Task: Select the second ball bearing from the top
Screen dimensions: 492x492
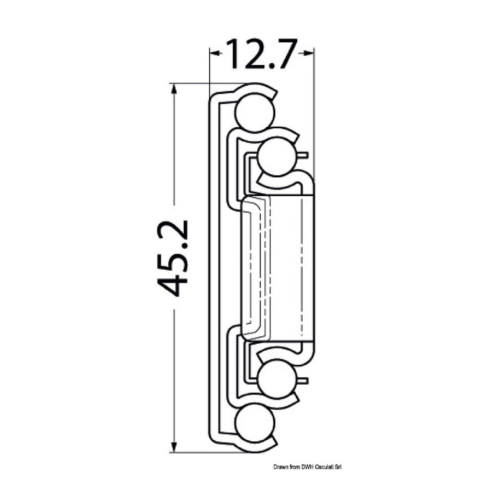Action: tap(276, 156)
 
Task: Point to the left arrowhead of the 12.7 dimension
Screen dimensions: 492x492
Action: tap(215, 52)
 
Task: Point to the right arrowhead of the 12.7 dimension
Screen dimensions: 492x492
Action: tap(309, 52)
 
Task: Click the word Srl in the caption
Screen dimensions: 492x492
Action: tap(340, 467)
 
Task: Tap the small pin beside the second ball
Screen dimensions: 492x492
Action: tap(304, 155)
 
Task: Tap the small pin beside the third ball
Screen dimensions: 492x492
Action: tap(304, 381)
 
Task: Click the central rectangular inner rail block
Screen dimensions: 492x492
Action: tap(284, 267)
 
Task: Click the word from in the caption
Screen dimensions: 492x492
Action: tap(295, 467)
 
